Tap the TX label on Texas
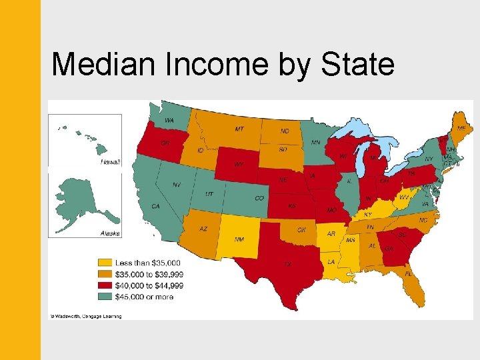pyautogui.click(x=287, y=265)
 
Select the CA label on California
pyautogui.click(x=155, y=207)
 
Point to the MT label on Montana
pyautogui.click(x=238, y=129)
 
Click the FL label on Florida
pyautogui.click(x=408, y=273)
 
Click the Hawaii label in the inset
pyautogui.click(x=110, y=162)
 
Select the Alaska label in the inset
pyautogui.click(x=110, y=233)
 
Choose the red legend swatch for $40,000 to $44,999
pyautogui.click(x=104, y=285)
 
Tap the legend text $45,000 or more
pyautogui.click(x=144, y=297)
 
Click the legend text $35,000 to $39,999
pyautogui.click(x=149, y=274)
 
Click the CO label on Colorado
pyautogui.click(x=259, y=198)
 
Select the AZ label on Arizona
pyautogui.click(x=203, y=229)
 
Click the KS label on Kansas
pyautogui.click(x=291, y=207)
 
